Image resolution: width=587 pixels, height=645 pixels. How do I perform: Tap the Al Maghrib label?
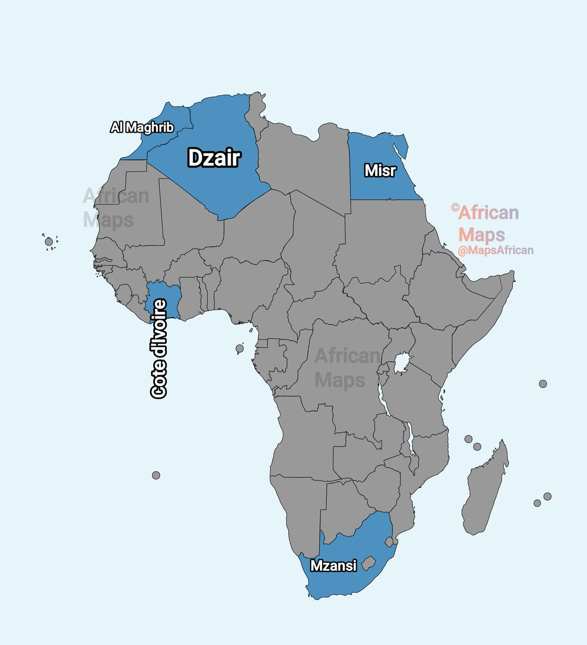pyautogui.click(x=142, y=128)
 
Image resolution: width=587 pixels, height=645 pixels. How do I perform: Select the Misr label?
pyautogui.click(x=380, y=171)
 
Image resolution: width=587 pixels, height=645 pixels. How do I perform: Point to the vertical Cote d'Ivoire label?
pyautogui.click(x=159, y=349)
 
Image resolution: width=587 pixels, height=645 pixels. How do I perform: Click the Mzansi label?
pyautogui.click(x=333, y=565)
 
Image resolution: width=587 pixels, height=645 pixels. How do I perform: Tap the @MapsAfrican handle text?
pyautogui.click(x=496, y=250)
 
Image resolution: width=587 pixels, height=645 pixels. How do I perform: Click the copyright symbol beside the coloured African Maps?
pyautogui.click(x=455, y=207)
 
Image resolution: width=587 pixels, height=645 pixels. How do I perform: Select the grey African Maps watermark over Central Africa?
pyautogui.click(x=347, y=368)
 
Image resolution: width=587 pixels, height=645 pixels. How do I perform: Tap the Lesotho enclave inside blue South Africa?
pyautogui.click(x=368, y=564)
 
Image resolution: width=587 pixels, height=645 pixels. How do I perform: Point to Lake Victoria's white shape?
pyautogui.click(x=400, y=363)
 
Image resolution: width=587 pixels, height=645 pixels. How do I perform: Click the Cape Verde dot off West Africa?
pyautogui.click(x=49, y=242)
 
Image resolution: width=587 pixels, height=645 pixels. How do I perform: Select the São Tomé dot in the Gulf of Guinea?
pyautogui.click(x=240, y=349)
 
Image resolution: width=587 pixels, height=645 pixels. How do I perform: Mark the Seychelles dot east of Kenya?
pyautogui.click(x=543, y=384)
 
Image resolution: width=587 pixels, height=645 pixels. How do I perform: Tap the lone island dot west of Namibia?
pyautogui.click(x=156, y=475)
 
